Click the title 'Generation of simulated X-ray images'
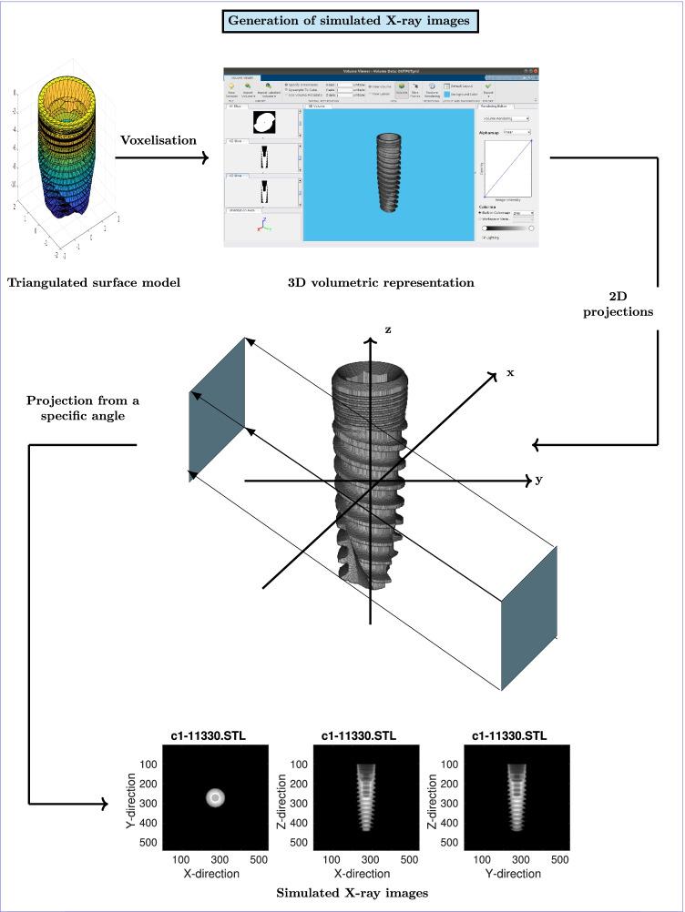tap(342, 21)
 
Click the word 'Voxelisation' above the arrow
tap(158, 141)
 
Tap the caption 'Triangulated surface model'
tap(93, 282)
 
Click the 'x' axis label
tap(511, 372)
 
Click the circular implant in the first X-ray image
tap(215, 798)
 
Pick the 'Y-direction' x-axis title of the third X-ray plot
tap(516, 874)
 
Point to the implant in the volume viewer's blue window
tap(389, 176)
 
